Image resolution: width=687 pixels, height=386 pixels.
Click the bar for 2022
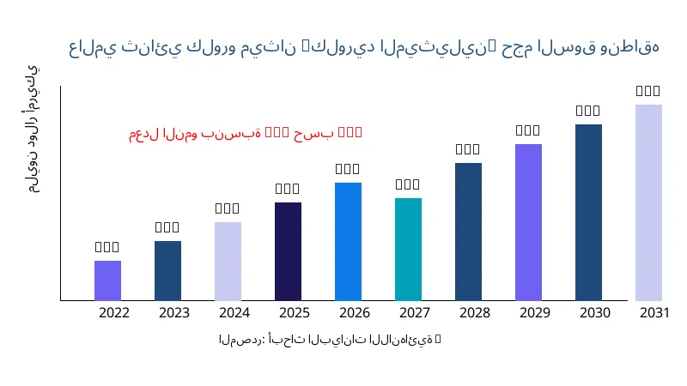pos(107,280)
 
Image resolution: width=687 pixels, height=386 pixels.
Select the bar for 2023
pos(167,271)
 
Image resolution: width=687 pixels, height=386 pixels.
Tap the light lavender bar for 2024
pos(228,262)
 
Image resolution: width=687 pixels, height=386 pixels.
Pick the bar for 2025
pos(288,251)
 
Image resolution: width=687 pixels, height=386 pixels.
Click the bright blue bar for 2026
pos(348,242)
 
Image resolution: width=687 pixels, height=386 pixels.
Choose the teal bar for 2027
pos(408,250)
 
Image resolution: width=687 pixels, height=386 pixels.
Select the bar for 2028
pos(468,232)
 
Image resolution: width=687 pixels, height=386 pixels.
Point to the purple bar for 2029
pos(528,222)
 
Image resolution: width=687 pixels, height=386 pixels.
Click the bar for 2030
pos(588,213)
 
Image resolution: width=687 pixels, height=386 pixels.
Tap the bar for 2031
pos(648,202)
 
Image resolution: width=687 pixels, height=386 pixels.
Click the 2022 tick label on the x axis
pos(114,312)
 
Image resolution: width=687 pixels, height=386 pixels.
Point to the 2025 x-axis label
pos(295,312)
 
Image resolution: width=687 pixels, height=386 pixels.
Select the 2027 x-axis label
pos(415,312)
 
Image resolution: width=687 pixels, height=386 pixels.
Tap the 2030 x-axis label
pos(595,312)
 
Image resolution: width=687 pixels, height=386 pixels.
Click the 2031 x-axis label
pos(655,312)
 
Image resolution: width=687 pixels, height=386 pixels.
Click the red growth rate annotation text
pos(246,133)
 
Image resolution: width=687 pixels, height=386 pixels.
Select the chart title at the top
pos(364,47)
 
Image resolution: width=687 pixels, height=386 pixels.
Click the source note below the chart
pos(330,340)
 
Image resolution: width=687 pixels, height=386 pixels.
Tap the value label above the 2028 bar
pos(468,149)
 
